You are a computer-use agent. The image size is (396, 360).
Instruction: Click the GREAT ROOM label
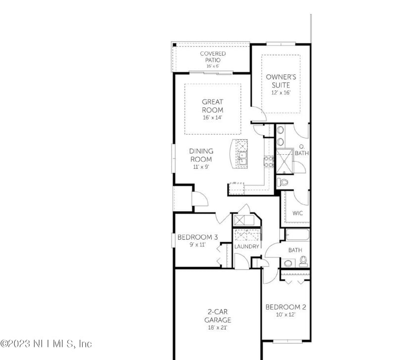(x=212, y=106)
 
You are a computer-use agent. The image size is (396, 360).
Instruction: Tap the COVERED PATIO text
(x=213, y=56)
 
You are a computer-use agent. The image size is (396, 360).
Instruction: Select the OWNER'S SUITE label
(x=280, y=81)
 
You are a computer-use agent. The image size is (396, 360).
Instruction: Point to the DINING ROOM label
(x=201, y=155)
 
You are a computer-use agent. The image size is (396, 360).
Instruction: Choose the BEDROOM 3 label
(x=198, y=237)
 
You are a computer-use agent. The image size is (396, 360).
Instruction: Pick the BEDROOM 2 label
(x=286, y=307)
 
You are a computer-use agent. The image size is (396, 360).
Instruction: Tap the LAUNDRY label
(x=247, y=246)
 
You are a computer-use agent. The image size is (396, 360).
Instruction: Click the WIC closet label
(x=297, y=213)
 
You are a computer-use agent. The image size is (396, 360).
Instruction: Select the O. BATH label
(x=302, y=150)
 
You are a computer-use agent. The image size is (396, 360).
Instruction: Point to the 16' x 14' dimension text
(x=212, y=118)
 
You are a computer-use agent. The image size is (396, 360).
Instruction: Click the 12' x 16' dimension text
(x=280, y=92)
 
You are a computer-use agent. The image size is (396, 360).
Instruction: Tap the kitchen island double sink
(x=243, y=158)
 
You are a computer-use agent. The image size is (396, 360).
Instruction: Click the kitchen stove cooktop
(x=269, y=160)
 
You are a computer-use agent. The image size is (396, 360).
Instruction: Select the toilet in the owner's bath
(x=283, y=182)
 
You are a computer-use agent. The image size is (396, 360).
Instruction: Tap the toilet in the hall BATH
(x=303, y=259)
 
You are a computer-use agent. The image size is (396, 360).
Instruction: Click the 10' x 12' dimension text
(x=286, y=315)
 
